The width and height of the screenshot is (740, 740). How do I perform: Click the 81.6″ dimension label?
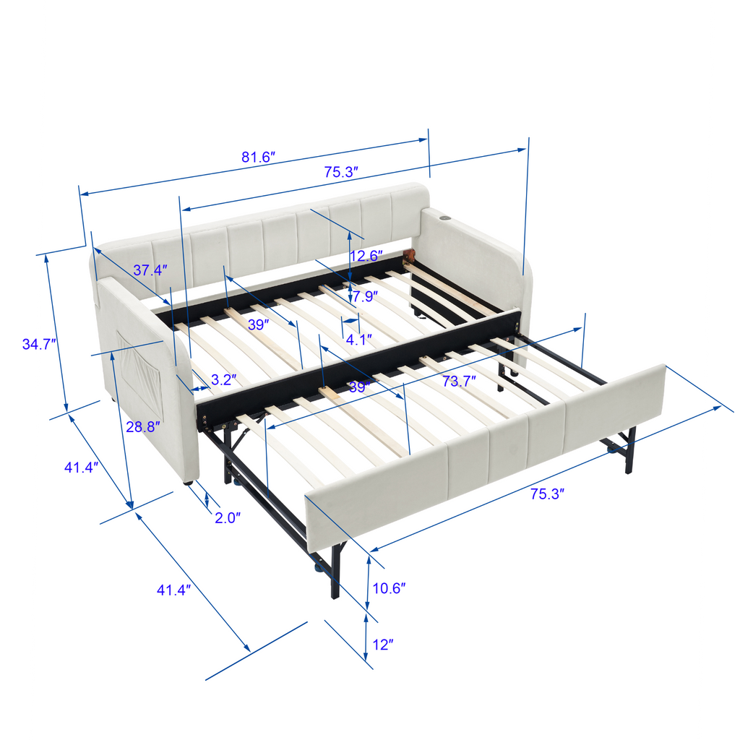click(258, 157)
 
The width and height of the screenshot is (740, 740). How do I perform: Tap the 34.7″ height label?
click(39, 344)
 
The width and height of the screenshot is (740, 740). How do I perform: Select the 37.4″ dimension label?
click(150, 270)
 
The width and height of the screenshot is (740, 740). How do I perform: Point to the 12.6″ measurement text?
click(366, 256)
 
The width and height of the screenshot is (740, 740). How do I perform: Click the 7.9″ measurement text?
click(365, 296)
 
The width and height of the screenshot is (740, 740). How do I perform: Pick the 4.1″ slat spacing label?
click(358, 340)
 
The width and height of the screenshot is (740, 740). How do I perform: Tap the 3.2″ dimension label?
click(224, 379)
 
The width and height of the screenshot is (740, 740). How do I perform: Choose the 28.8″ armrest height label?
click(143, 426)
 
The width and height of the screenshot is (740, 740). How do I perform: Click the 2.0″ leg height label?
click(228, 517)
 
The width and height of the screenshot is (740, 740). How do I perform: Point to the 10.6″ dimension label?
click(389, 588)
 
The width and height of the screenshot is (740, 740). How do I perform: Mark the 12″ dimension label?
click(383, 644)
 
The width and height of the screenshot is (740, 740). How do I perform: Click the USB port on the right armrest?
click(445, 218)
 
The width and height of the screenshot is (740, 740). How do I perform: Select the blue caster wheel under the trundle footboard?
click(319, 567)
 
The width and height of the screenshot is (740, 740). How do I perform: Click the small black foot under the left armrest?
click(188, 483)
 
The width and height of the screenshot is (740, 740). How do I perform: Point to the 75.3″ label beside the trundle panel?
click(548, 494)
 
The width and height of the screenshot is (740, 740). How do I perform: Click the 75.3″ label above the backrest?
click(341, 172)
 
